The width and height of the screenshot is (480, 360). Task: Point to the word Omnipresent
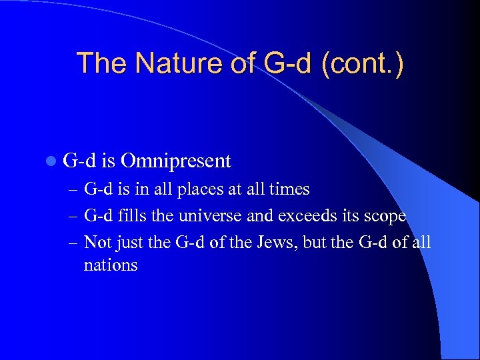tap(177, 161)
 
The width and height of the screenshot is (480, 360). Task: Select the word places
tap(200, 189)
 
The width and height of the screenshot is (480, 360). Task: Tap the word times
tap(289, 189)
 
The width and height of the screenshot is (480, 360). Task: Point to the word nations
tap(111, 265)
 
